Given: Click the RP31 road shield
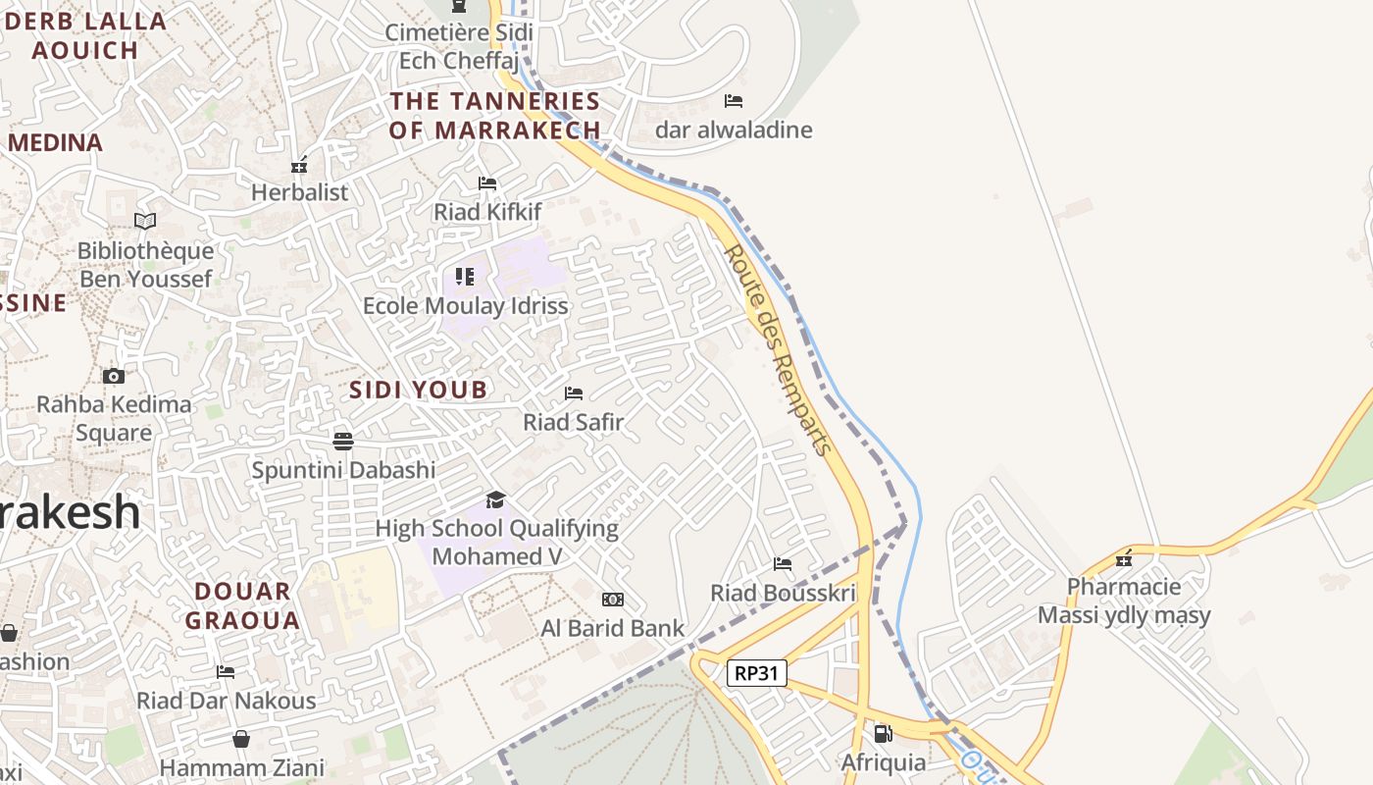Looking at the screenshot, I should click(x=757, y=673).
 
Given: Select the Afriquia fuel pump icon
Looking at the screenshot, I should click(x=883, y=733).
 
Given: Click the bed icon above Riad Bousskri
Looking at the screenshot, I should click(x=783, y=564).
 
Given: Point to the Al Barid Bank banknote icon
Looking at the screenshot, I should click(x=613, y=600).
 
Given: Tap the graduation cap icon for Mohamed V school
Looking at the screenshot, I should click(x=495, y=500).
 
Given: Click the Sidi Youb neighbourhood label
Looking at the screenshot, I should click(x=419, y=390).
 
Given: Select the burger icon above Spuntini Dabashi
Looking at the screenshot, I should click(x=342, y=441).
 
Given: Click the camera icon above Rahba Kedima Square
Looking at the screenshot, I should click(x=114, y=376).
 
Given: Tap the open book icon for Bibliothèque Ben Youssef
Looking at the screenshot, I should click(x=145, y=222).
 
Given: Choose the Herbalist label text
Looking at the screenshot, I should click(x=299, y=192).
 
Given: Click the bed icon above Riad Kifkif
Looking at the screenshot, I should click(x=487, y=183).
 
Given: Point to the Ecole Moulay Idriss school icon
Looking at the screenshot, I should click(x=465, y=277).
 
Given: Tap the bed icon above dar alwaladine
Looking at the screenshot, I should click(x=734, y=101).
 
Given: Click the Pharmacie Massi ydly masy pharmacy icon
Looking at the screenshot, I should click(x=1124, y=559).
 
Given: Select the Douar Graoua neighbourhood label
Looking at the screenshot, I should click(x=242, y=605).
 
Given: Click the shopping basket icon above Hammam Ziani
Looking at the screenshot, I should click(x=241, y=739).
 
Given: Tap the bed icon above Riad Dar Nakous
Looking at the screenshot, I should click(x=226, y=672).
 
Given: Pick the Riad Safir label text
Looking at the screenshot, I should click(x=573, y=423).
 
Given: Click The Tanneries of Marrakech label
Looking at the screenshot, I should click(x=494, y=115).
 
